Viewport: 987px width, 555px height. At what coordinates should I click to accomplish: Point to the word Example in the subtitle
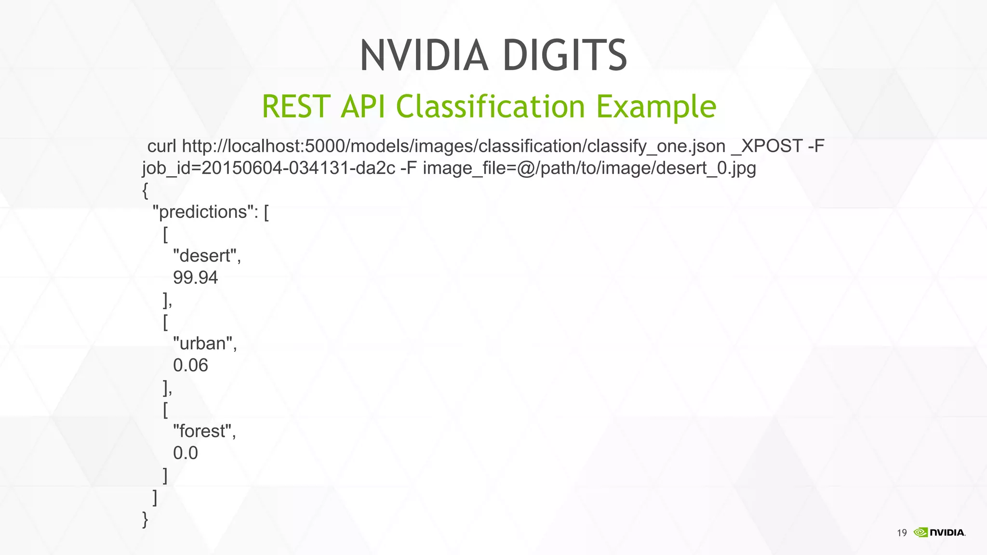656,107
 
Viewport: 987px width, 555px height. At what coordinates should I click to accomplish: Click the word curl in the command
161,146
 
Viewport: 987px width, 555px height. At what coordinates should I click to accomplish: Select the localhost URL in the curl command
453,146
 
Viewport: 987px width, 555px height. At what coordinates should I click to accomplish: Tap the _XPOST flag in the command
767,146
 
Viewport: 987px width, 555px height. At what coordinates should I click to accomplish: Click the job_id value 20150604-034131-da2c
298,168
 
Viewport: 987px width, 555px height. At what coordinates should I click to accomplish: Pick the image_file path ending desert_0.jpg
589,169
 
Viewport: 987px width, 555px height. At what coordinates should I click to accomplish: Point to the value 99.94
195,277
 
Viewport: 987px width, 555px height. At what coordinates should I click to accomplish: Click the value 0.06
190,366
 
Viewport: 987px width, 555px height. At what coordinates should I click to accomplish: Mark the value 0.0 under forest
186,453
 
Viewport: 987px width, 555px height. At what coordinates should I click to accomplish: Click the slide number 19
902,533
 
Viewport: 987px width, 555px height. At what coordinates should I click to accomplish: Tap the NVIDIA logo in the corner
939,532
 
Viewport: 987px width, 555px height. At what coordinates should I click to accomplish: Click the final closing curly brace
145,519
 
